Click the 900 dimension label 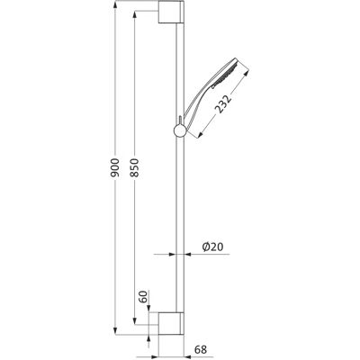pyautogui.click(x=115, y=167)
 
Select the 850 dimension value pyautogui.click(x=135, y=167)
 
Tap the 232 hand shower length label pyautogui.click(x=224, y=103)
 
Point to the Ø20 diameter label pyautogui.click(x=213, y=247)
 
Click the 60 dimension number pyautogui.click(x=144, y=297)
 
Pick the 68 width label pyautogui.click(x=201, y=349)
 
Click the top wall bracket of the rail pyautogui.click(x=171, y=12)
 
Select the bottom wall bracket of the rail pyautogui.click(x=171, y=323)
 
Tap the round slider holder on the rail pyautogui.click(x=180, y=130)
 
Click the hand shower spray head pyautogui.click(x=228, y=71)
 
